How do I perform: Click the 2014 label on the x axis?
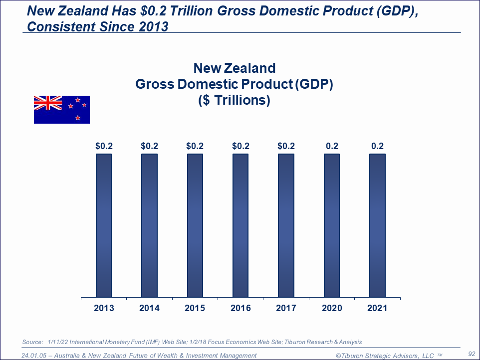(150, 308)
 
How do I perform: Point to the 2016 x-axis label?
(241, 308)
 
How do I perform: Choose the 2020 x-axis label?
(332, 308)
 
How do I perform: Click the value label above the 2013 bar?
(104, 146)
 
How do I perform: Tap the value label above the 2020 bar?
(332, 146)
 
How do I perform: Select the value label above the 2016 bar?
(241, 146)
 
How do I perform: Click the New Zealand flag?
(62, 109)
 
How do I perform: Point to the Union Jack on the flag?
(48, 103)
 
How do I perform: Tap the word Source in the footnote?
(33, 342)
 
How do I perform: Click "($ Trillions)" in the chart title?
(234, 100)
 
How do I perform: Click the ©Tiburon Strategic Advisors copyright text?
(386, 356)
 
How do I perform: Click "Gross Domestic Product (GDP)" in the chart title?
(234, 84)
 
